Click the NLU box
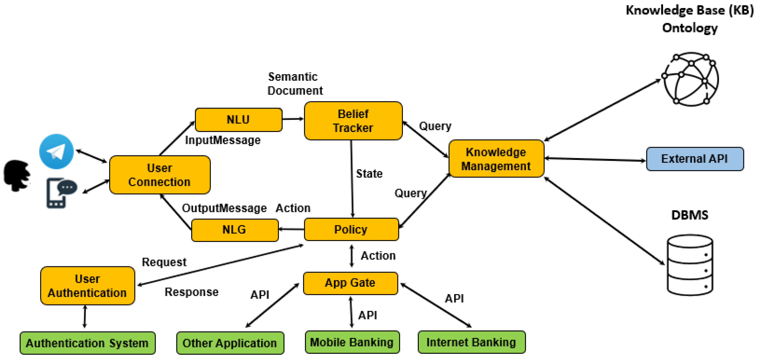(x=238, y=120)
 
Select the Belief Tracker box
(x=353, y=121)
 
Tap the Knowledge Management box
(x=496, y=159)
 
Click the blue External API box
(x=694, y=159)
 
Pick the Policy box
(x=351, y=229)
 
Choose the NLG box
(x=234, y=230)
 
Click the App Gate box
(x=350, y=283)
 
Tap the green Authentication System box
(x=87, y=343)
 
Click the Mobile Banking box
(x=352, y=342)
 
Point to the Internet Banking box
(x=471, y=342)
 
